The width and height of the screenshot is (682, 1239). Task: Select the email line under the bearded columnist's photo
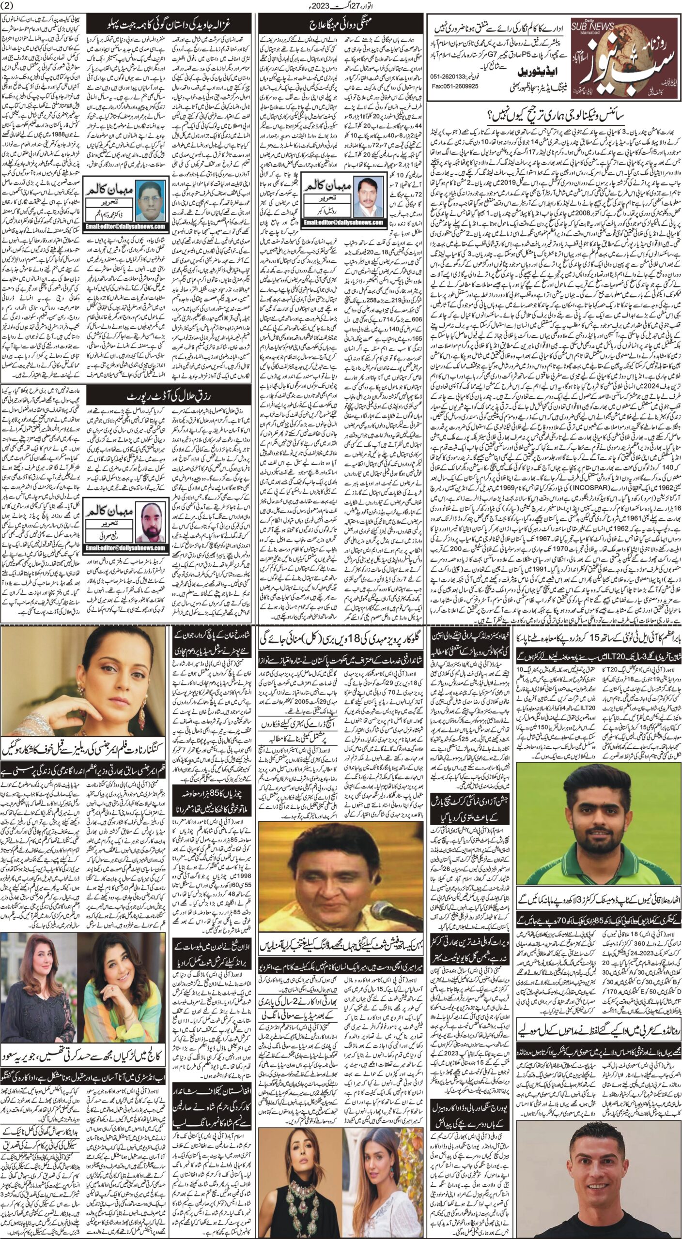(x=126, y=557)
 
